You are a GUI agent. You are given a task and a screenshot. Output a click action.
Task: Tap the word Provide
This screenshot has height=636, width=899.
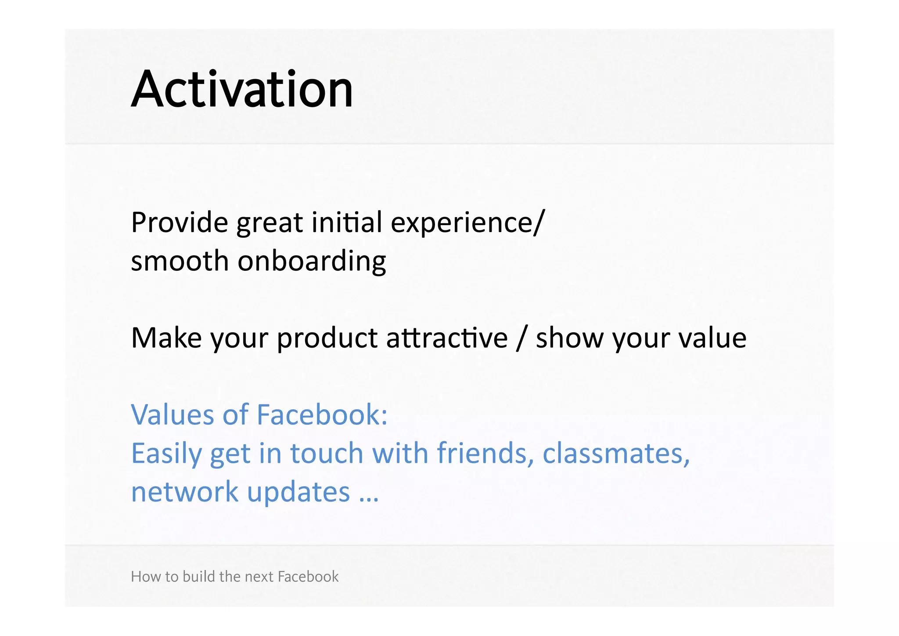pos(180,222)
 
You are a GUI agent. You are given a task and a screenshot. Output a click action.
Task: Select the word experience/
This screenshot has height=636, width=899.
pos(467,223)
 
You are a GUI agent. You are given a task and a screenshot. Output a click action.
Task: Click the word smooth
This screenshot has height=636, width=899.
pos(180,261)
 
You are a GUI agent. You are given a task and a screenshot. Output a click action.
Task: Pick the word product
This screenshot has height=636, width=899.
pos(327,339)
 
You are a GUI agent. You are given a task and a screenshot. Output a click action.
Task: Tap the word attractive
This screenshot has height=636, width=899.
pos(446,338)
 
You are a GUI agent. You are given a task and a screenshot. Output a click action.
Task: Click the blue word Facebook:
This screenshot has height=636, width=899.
pos(322,415)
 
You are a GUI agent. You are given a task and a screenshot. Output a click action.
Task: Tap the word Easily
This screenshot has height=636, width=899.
pos(166,454)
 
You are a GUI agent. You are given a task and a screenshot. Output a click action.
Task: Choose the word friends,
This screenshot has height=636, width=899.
pos(485,453)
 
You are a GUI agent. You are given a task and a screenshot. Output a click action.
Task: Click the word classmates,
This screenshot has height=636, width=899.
pos(616,453)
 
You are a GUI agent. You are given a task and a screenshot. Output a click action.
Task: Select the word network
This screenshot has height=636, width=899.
pos(184,492)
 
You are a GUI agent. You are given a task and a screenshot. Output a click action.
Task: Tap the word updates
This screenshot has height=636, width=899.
pos(298,493)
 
